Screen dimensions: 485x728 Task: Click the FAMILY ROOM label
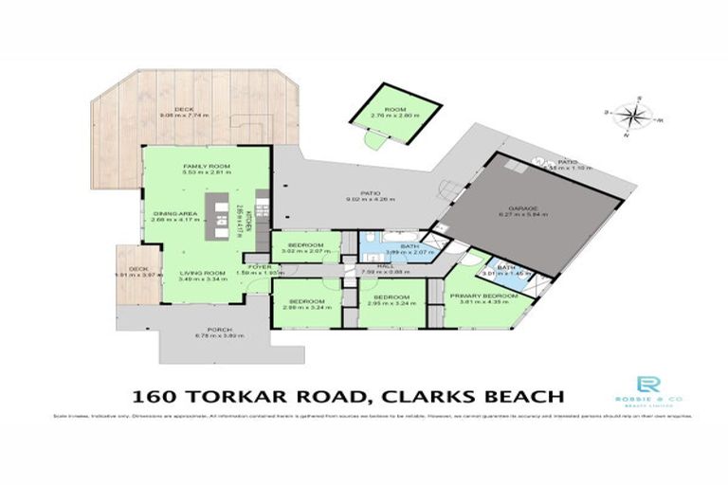click(x=207, y=166)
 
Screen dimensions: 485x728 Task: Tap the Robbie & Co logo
click(x=648, y=387)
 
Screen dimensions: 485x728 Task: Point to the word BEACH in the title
click(x=516, y=395)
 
